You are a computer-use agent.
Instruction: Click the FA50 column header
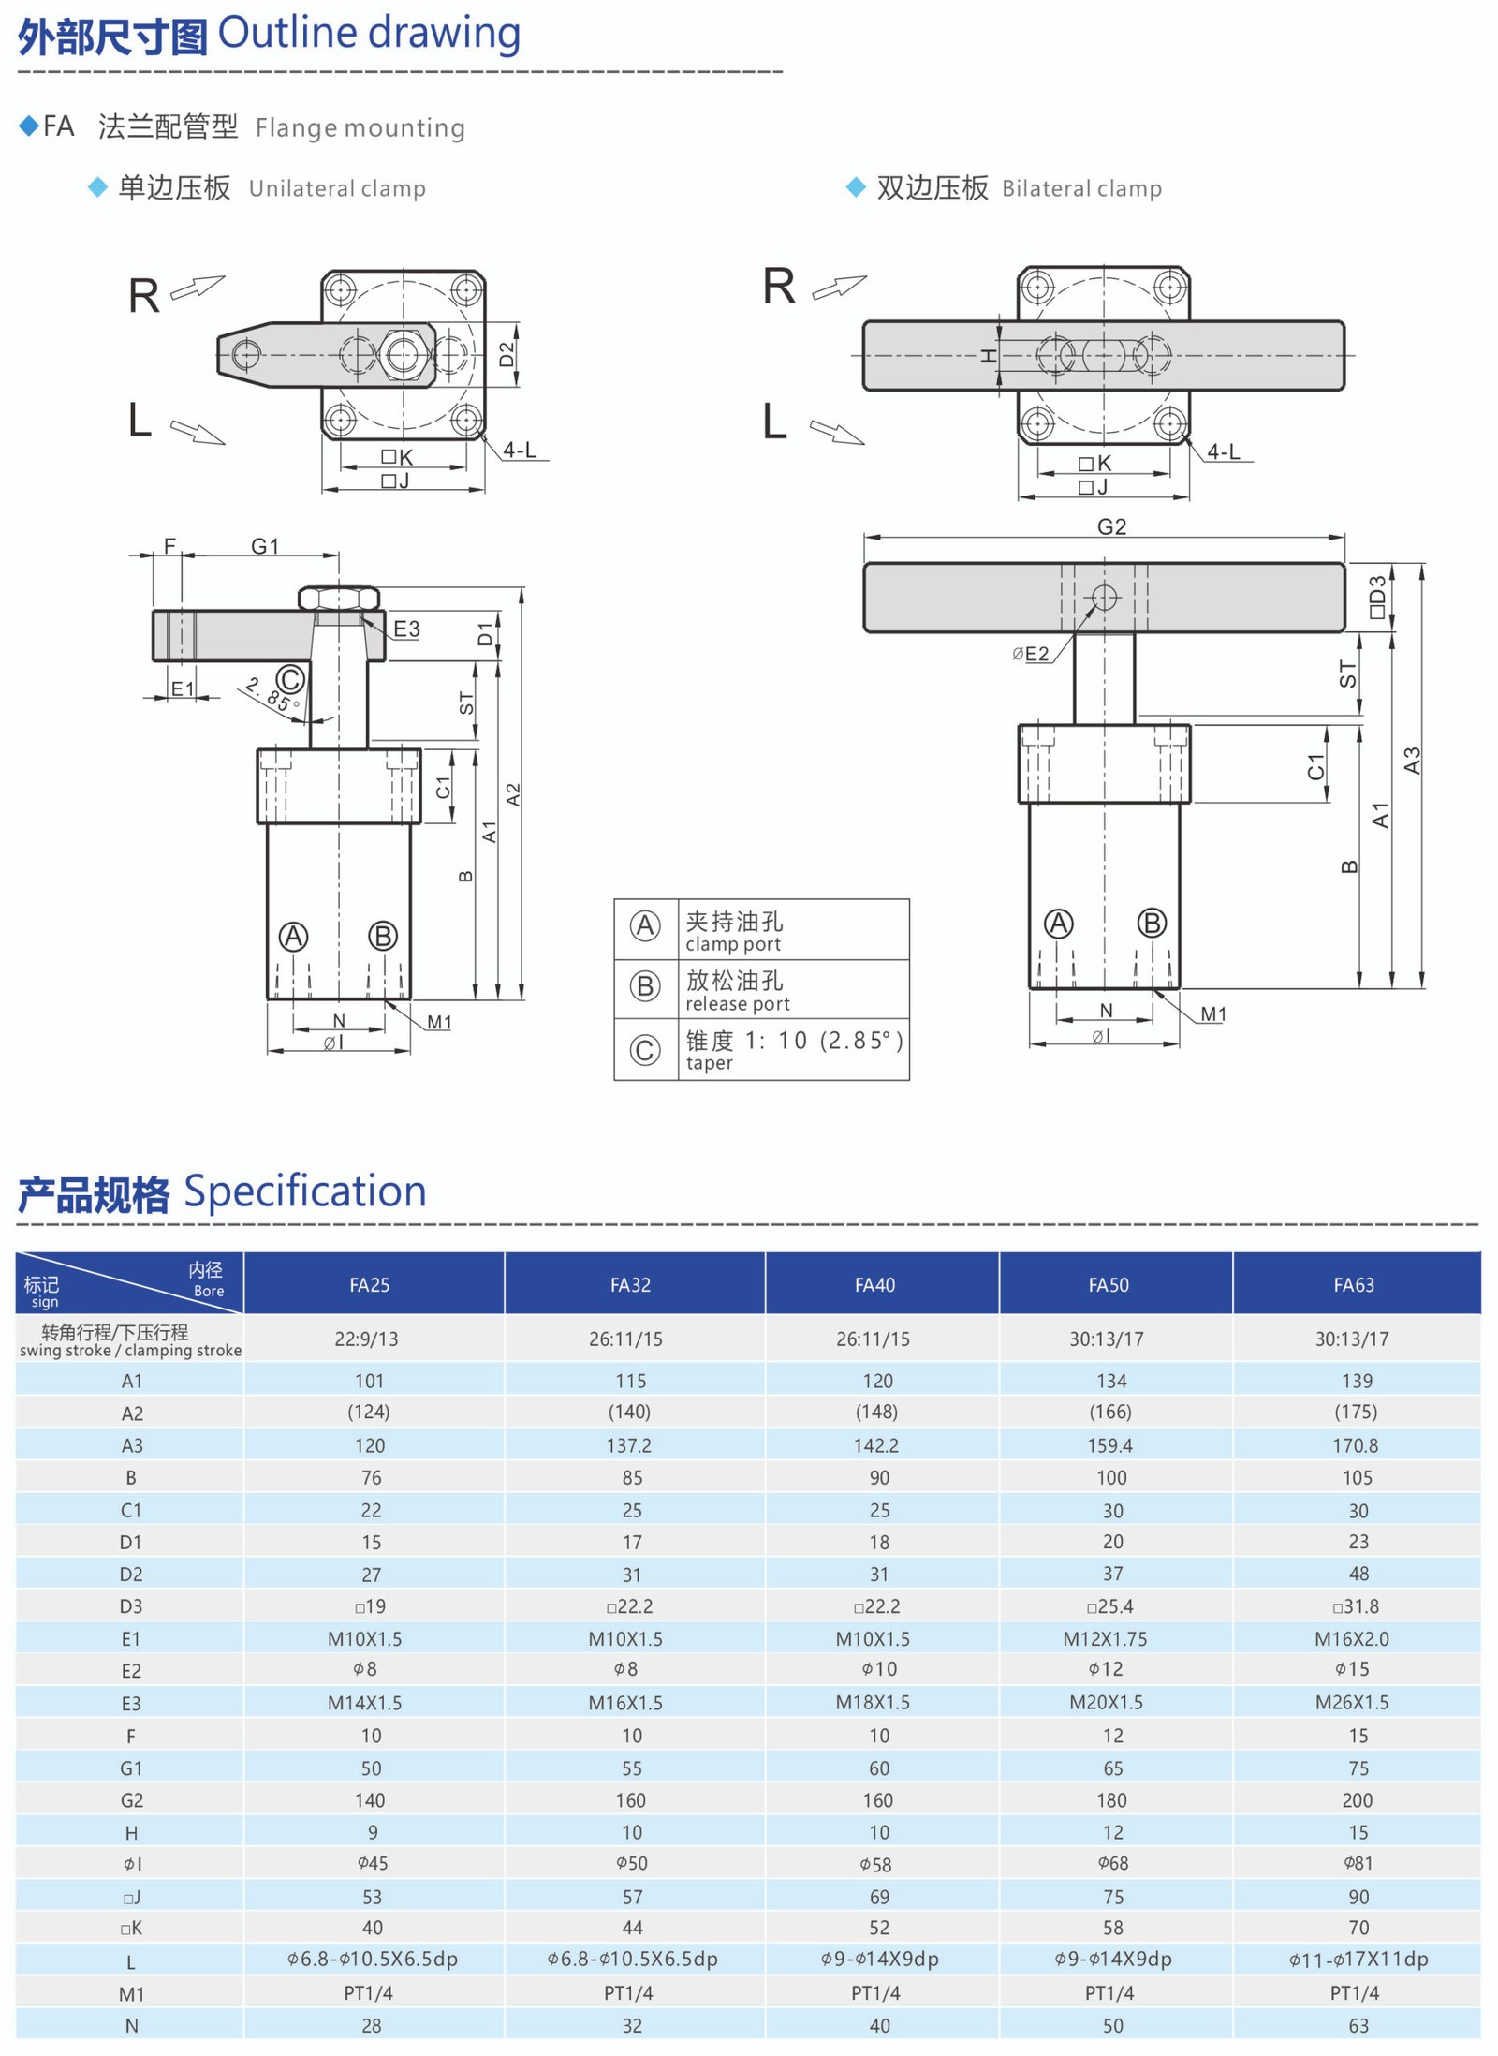click(x=1108, y=1284)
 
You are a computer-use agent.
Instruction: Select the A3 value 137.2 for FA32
click(x=629, y=1445)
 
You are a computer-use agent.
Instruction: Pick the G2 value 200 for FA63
click(x=1357, y=1799)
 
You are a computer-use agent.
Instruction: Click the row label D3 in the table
click(x=131, y=1606)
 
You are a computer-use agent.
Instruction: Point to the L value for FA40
click(x=878, y=1959)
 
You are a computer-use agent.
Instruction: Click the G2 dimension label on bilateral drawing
click(x=1111, y=526)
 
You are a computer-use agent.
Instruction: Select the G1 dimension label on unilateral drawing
click(x=265, y=545)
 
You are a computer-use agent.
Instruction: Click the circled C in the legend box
click(x=644, y=1049)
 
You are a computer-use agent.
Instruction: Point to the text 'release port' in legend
click(x=737, y=1004)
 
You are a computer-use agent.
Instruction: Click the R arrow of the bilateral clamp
click(x=839, y=287)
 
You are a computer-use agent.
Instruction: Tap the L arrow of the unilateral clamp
click(x=198, y=431)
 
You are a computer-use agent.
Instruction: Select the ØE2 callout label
click(x=1031, y=654)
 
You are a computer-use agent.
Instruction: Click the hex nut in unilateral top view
click(x=403, y=354)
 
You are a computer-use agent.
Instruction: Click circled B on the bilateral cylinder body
click(x=1152, y=923)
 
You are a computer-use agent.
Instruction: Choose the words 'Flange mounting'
click(x=360, y=127)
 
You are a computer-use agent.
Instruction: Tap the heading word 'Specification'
click(x=304, y=1191)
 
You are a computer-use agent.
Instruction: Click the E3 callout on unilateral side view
click(x=406, y=629)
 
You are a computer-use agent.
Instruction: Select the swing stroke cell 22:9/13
click(x=366, y=1339)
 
